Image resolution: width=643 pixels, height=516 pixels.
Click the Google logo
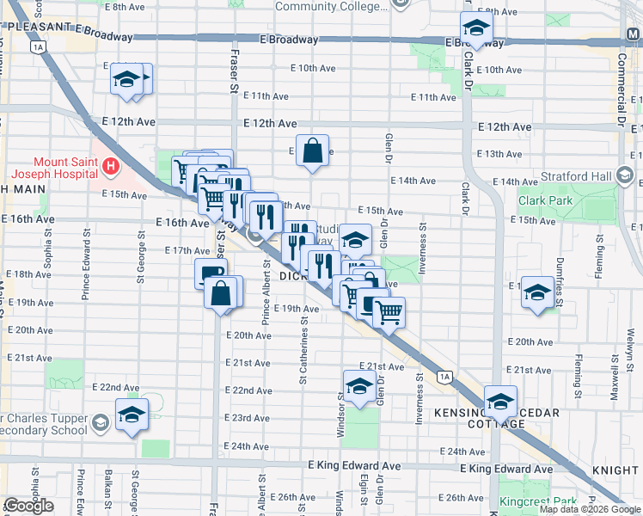click(28, 506)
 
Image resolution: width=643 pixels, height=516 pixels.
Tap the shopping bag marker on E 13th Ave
click(314, 150)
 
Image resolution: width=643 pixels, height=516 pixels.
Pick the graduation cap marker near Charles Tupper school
click(132, 415)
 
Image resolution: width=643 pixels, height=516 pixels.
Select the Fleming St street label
click(579, 371)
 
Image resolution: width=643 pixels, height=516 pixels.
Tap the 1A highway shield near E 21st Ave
click(444, 376)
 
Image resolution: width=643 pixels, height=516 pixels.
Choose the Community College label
click(331, 6)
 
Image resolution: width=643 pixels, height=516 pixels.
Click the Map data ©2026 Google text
click(590, 509)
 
